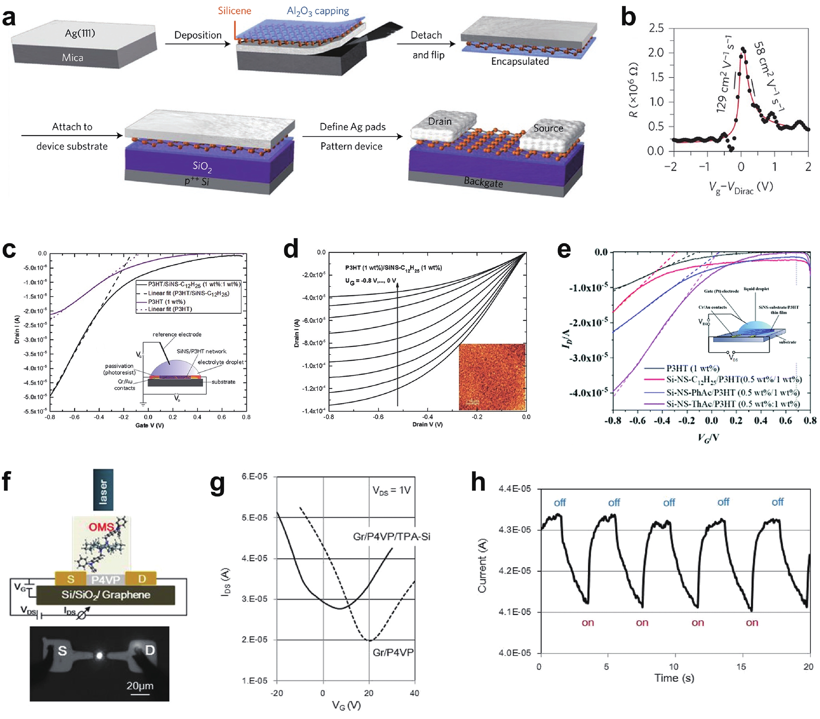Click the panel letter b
[x=628, y=18]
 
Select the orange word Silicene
[x=234, y=11]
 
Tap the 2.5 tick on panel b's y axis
[x=656, y=28]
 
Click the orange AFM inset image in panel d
[x=492, y=377]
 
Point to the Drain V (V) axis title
[x=427, y=424]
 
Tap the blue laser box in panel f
[x=103, y=490]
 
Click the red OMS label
[x=101, y=527]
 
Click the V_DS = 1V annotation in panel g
[x=391, y=490]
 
